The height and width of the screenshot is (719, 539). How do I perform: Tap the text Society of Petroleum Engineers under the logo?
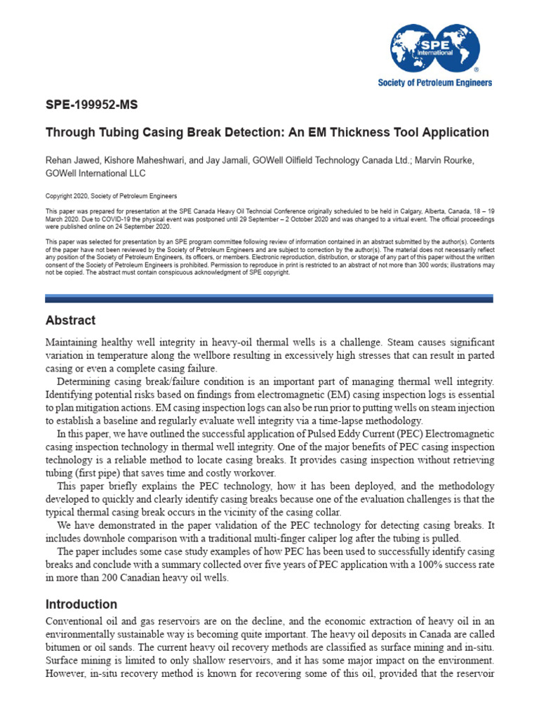[x=435, y=82]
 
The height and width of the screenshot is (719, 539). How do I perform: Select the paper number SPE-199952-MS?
[x=92, y=106]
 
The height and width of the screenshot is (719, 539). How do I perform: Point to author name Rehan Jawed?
[x=72, y=161]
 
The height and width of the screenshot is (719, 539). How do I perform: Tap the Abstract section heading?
[x=70, y=320]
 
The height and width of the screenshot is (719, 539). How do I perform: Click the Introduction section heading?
[x=81, y=604]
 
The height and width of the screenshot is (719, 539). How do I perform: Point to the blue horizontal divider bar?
[x=269, y=298]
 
